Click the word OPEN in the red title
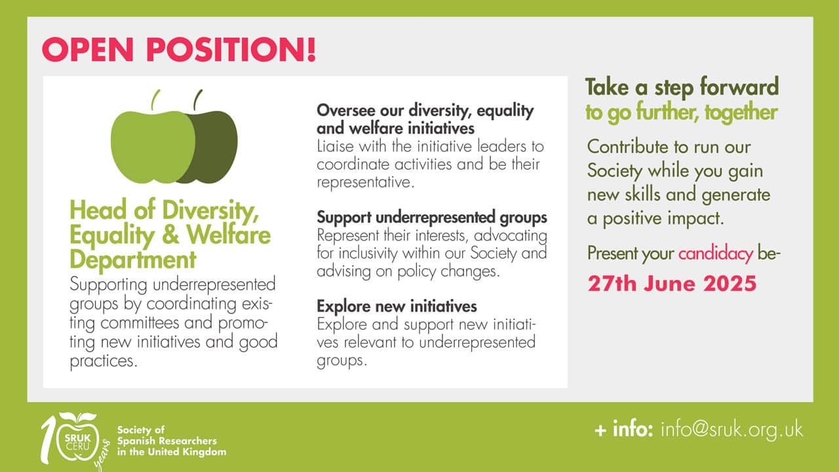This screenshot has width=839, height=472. [x=88, y=49]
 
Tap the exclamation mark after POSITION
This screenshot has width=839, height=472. [x=311, y=49]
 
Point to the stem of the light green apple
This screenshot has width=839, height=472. [x=155, y=100]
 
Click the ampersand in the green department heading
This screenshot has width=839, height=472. [x=170, y=235]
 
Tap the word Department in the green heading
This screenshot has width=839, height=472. [x=133, y=259]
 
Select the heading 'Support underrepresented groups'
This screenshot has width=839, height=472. [x=432, y=217]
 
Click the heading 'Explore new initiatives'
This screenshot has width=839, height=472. [x=397, y=306]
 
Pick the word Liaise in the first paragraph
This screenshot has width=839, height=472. [x=335, y=146]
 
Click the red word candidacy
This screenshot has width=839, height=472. [x=715, y=254]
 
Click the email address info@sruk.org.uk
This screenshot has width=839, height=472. [x=732, y=429]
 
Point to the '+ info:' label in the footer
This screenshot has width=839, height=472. [x=623, y=429]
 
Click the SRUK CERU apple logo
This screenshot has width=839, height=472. [x=77, y=439]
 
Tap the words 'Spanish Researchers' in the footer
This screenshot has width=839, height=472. [x=167, y=441]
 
